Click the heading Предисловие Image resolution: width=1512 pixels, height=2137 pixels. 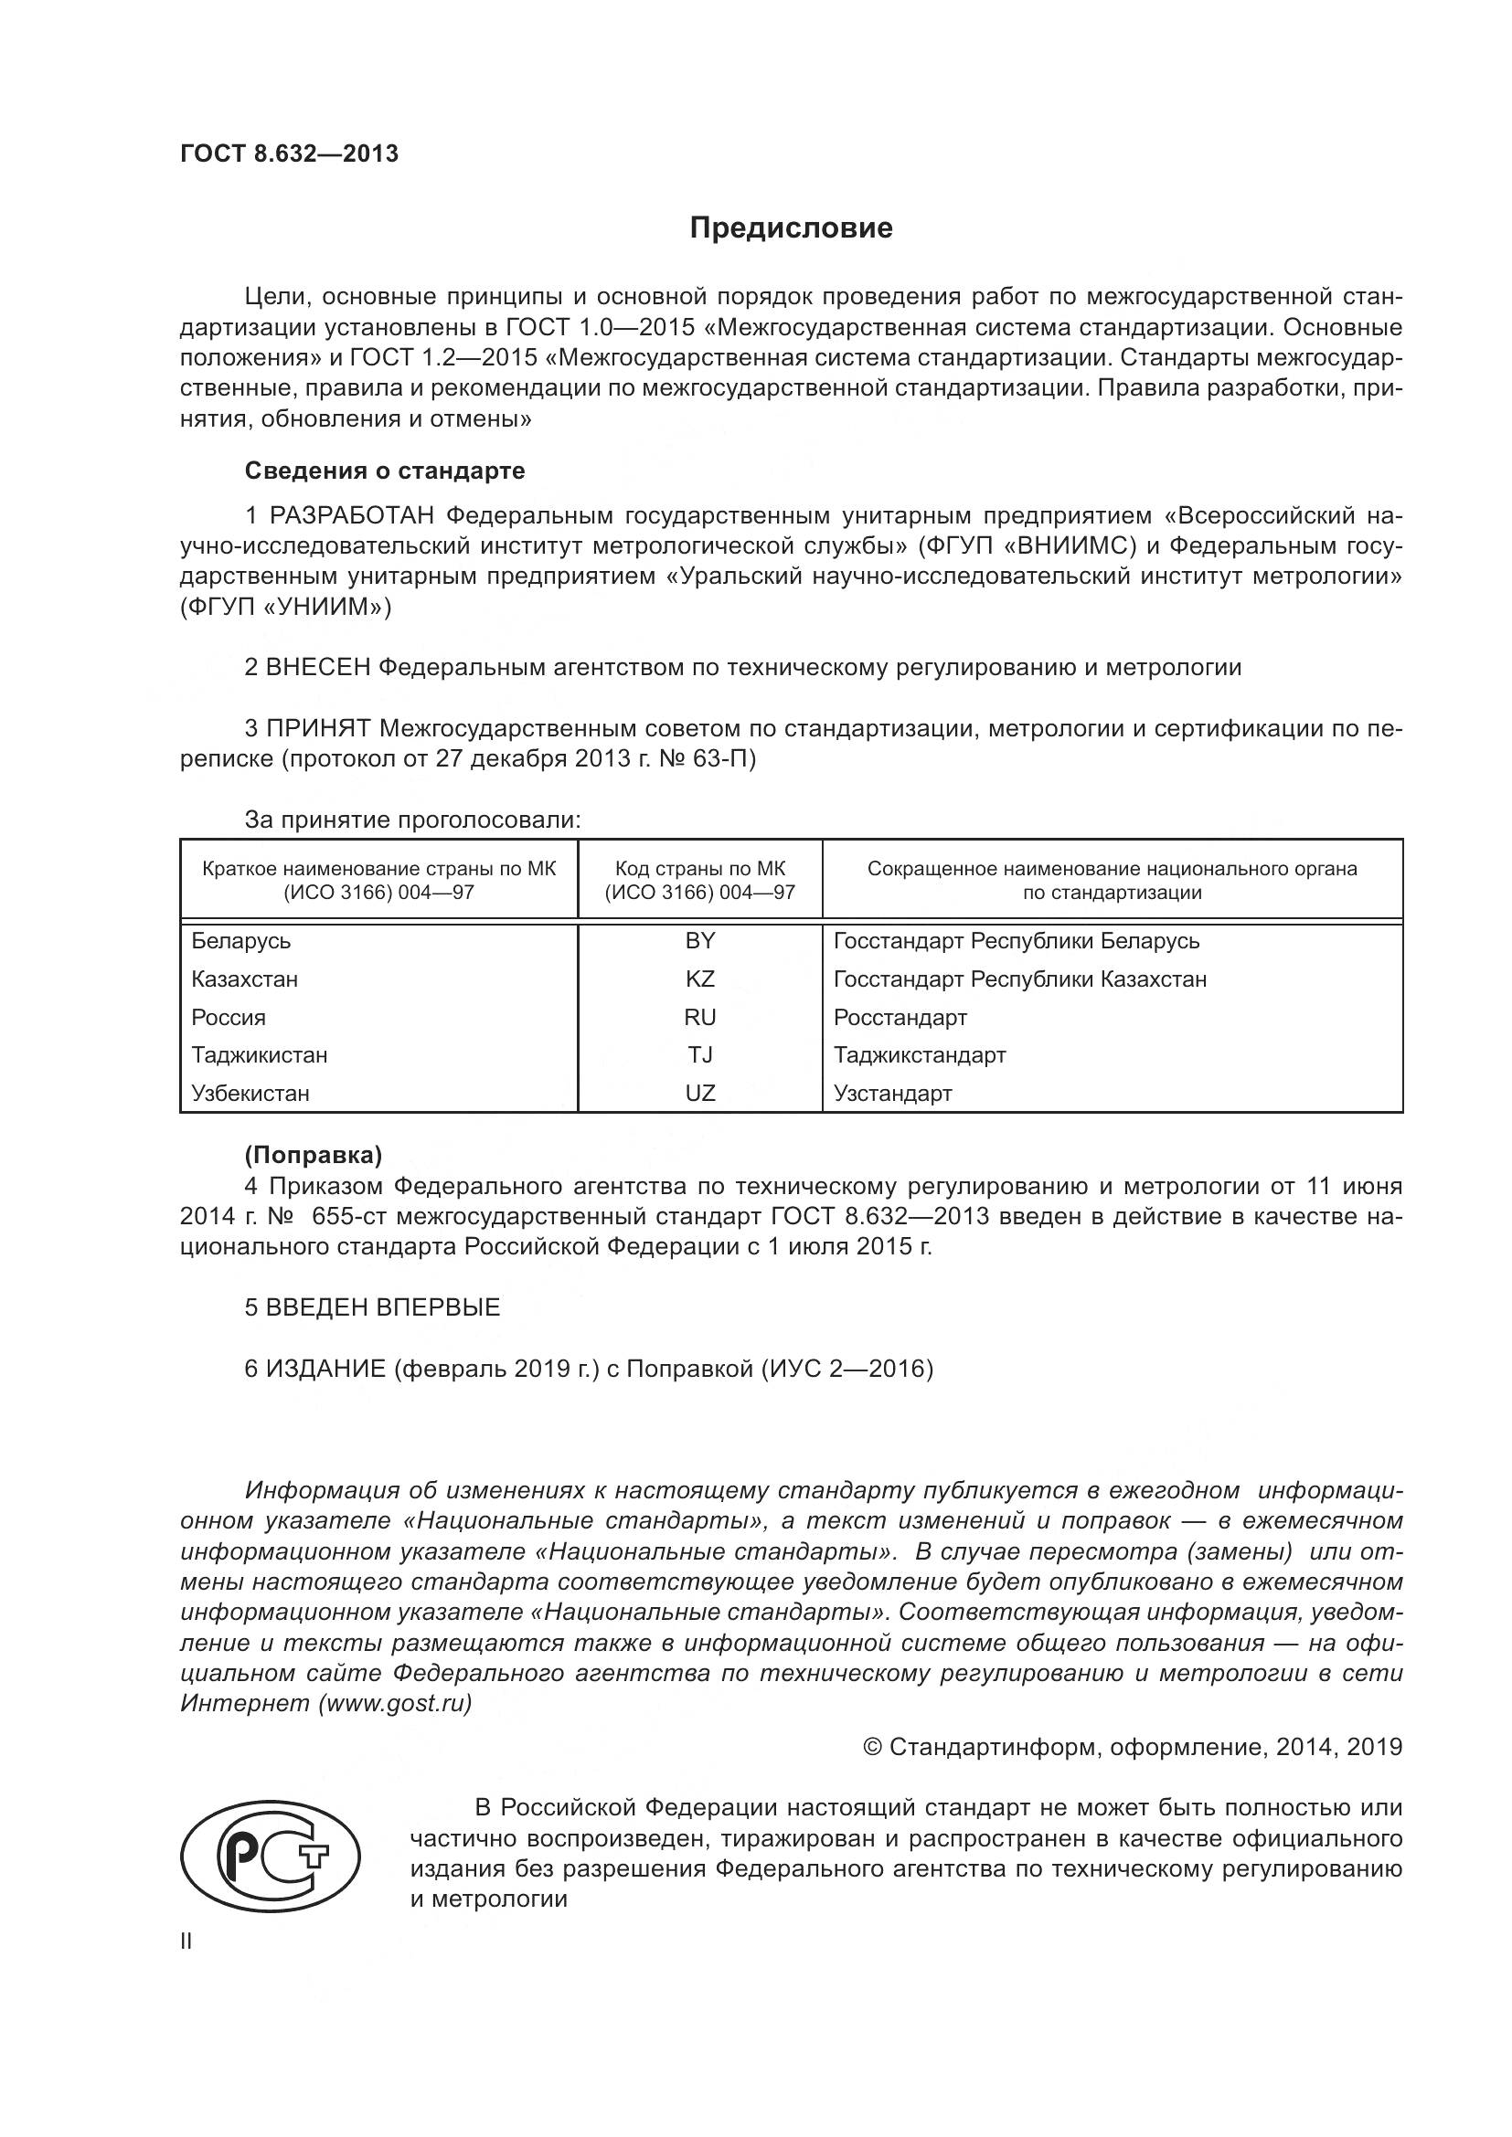791,228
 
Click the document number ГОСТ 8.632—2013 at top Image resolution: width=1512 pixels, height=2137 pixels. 289,154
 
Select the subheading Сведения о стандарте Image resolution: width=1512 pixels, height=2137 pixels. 385,471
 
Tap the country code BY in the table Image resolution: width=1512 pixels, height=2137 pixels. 699,941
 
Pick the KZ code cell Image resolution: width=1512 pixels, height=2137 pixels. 699,979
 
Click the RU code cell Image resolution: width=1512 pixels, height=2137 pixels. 699,1017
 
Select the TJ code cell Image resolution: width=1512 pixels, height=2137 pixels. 699,1055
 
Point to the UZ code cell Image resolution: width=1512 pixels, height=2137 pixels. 699,1094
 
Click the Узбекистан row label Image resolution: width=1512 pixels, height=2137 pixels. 250,1094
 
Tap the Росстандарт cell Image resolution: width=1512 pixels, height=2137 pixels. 900,1017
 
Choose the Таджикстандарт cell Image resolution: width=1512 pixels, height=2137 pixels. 919,1055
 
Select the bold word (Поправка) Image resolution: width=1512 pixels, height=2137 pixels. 313,1155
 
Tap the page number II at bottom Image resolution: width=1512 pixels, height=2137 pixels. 186,1941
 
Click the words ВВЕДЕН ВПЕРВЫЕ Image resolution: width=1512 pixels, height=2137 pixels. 383,1307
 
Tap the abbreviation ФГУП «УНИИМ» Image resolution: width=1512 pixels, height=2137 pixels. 285,608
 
